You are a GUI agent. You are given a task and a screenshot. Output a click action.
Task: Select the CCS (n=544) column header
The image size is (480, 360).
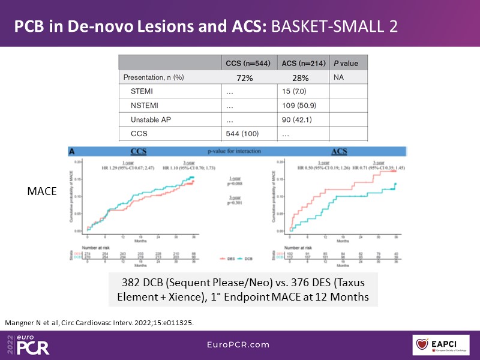tap(248, 63)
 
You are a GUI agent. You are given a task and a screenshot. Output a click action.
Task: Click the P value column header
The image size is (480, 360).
tap(346, 63)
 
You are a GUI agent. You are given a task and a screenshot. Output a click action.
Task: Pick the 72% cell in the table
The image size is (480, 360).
tap(248, 78)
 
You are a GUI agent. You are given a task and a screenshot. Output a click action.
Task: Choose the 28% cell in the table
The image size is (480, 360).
tap(300, 78)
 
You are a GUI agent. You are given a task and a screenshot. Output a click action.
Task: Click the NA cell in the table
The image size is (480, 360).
tap(340, 77)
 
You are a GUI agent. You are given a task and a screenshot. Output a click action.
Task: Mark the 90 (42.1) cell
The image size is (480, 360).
tap(293, 120)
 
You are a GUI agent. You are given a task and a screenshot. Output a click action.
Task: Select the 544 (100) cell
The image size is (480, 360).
tap(243, 134)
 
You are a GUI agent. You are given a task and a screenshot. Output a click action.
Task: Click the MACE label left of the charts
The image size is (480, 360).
tap(41, 191)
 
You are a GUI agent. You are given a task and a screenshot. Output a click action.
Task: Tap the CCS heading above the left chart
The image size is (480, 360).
tap(140, 153)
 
